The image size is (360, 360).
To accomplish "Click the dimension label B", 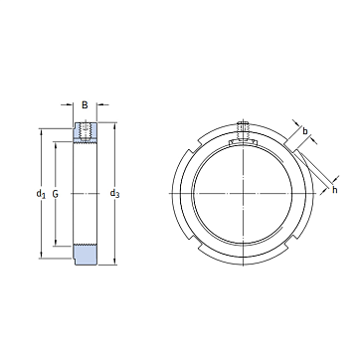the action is pyautogui.click(x=85, y=105).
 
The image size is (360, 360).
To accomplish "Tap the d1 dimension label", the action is pyautogui.click(x=41, y=193).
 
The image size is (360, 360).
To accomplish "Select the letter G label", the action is pyautogui.click(x=56, y=194).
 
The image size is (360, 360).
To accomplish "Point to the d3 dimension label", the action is pyautogui.click(x=114, y=193).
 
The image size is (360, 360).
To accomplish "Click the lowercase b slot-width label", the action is pyautogui.click(x=305, y=131).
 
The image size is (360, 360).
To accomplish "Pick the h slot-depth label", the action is pyautogui.click(x=335, y=190).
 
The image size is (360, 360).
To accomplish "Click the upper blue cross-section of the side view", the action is pyautogui.click(x=86, y=131).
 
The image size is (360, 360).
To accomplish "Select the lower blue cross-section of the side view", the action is pyautogui.click(x=86, y=255).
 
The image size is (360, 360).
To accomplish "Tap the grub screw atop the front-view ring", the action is pyautogui.click(x=244, y=130).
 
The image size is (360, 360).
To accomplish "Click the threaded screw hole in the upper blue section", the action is pyautogui.click(x=86, y=131).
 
